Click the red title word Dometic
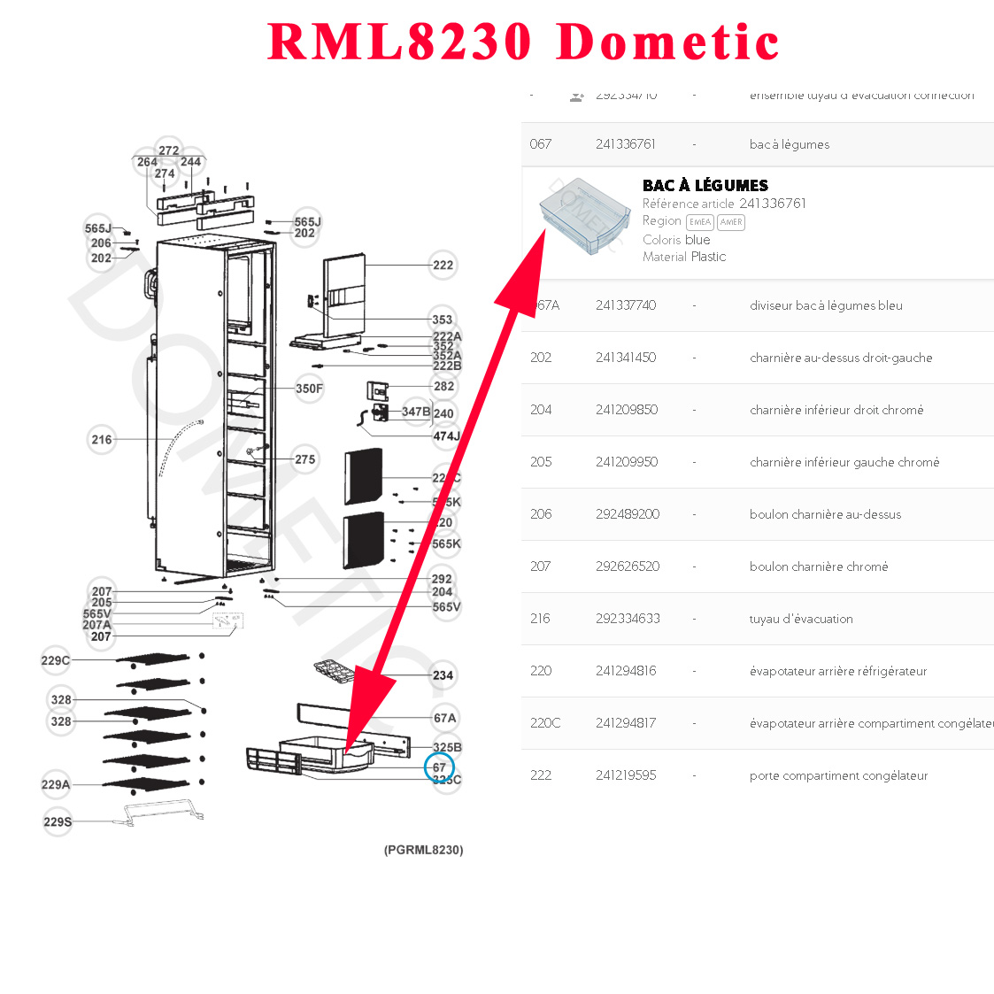tap(668, 42)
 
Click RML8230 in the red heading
tap(400, 42)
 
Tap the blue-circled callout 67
tap(439, 767)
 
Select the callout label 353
tap(442, 320)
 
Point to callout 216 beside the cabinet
tap(102, 439)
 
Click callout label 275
tap(304, 459)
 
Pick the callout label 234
tap(443, 675)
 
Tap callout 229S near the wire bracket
tap(58, 821)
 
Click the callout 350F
tap(309, 389)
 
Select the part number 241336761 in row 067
tap(625, 144)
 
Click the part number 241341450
tap(625, 358)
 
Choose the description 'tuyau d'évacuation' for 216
tap(800, 619)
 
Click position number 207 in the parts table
tap(540, 566)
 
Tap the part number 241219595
tap(625, 775)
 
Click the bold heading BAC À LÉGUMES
tap(705, 185)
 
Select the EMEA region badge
tap(699, 222)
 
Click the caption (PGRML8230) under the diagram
tap(423, 850)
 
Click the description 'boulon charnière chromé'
tap(818, 566)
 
